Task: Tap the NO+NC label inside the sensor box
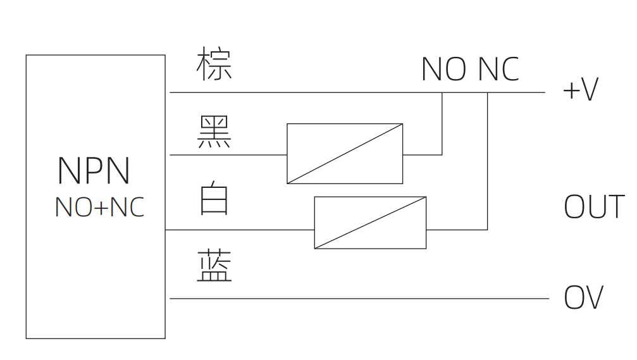point(99,207)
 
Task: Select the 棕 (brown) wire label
point(214,64)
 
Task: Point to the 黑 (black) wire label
point(214,133)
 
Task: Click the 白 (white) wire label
point(214,197)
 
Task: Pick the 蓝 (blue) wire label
point(214,266)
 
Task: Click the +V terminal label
point(579,90)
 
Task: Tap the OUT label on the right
point(593,207)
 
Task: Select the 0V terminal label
point(583,298)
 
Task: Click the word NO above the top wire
point(443,69)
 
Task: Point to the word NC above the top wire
point(498,69)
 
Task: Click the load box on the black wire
point(345,154)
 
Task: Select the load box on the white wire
point(370,223)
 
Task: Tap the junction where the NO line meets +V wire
point(442,92)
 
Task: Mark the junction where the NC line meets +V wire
point(488,92)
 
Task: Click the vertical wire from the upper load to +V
point(442,123)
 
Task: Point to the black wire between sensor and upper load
point(228,154)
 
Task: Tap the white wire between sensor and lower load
point(240,230)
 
